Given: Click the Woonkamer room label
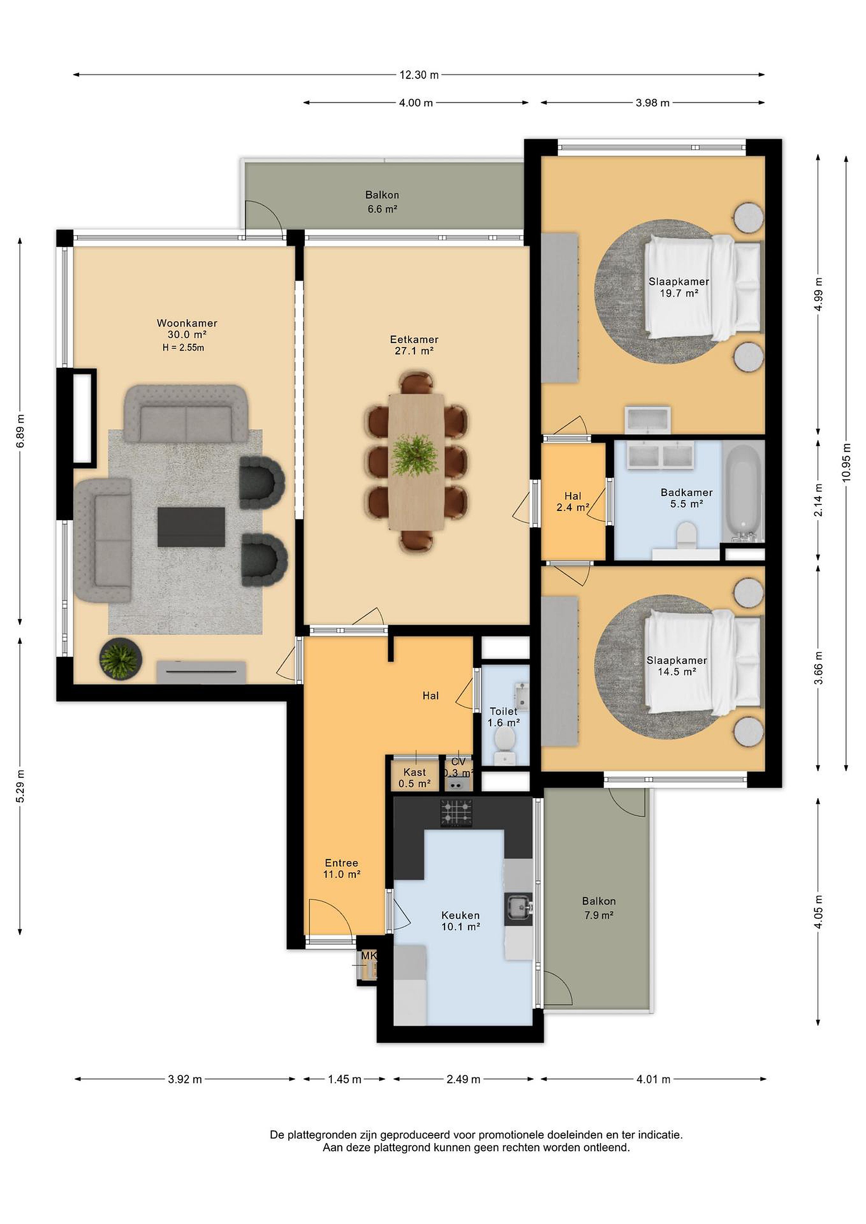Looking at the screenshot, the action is (x=187, y=323).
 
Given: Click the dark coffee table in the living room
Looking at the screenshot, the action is (x=191, y=527).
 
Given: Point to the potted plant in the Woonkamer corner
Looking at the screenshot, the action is (x=120, y=658).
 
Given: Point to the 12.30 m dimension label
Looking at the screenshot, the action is (x=419, y=75).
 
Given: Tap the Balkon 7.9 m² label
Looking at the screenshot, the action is (x=599, y=908).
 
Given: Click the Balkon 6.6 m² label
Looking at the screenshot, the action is (x=382, y=202).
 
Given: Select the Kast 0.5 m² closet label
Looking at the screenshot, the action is (x=415, y=778).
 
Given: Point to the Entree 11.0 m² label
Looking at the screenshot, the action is (x=342, y=868).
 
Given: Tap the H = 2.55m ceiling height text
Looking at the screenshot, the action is (x=183, y=348).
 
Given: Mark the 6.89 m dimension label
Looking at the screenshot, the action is (x=20, y=431).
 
